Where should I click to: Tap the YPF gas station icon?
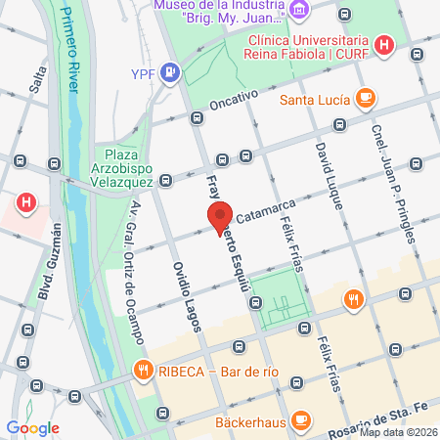(x=172, y=71)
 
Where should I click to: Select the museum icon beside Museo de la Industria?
(x=300, y=11)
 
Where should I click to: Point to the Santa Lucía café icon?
(x=365, y=98)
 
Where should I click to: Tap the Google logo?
(x=33, y=427)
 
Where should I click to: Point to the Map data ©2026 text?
(x=397, y=433)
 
